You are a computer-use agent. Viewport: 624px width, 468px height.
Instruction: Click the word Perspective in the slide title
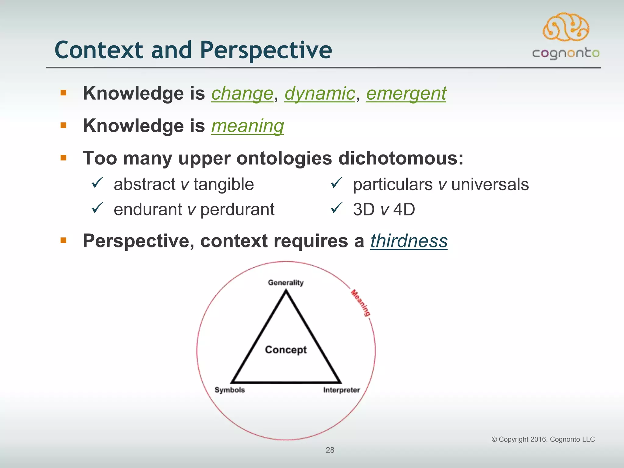(266, 50)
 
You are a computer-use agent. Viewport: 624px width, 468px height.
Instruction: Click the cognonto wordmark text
(566, 54)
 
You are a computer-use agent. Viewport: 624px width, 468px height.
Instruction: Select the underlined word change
(242, 93)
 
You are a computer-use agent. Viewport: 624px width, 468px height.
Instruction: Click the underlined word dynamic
(320, 93)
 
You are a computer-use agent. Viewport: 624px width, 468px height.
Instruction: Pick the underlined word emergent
(406, 93)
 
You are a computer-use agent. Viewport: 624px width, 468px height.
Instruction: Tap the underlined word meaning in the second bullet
(247, 126)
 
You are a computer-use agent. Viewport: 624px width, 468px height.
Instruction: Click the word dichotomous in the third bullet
(401, 158)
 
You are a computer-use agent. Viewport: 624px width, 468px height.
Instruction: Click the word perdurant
(237, 210)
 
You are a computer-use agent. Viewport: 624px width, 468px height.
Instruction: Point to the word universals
(490, 185)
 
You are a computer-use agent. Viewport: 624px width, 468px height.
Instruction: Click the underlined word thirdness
(409, 241)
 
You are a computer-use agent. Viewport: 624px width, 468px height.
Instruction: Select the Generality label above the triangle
(285, 283)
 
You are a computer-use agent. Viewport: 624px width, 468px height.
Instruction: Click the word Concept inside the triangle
(285, 350)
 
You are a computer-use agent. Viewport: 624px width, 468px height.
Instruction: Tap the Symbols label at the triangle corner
(229, 390)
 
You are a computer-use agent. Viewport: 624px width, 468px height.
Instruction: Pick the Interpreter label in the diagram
(341, 390)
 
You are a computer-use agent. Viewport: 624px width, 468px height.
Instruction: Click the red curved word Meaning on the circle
(361, 303)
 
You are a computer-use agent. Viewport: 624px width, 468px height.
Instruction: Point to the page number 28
(330, 450)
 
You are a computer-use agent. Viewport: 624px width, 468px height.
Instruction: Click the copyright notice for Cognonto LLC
(543, 439)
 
